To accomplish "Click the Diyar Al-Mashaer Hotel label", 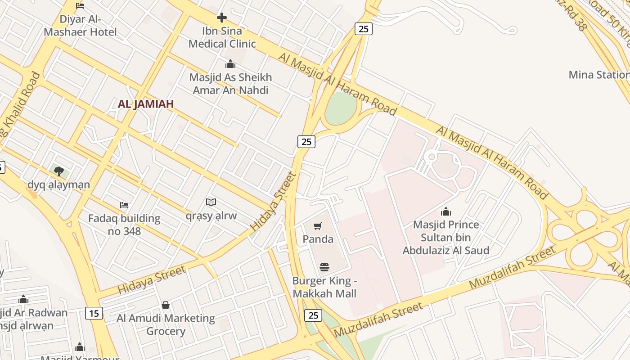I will point(81,26).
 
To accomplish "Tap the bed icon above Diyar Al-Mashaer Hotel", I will point(80,6).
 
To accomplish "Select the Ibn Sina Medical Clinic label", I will point(222,37).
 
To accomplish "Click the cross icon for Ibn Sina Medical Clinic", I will point(222,18).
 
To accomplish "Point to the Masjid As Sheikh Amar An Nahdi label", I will point(230,84).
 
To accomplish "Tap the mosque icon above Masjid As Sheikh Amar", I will point(230,64).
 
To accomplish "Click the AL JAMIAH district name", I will point(146,104).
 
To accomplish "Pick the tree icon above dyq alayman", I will point(58,171).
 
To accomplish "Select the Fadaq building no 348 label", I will point(124,225).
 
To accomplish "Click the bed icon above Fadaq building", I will point(124,205).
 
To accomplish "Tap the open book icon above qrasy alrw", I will point(211,202).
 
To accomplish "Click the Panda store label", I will point(318,239).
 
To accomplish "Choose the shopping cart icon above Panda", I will point(318,226).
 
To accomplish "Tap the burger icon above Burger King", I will point(324,267).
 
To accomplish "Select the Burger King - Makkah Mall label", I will point(324,287).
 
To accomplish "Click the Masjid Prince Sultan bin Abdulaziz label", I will point(446,237).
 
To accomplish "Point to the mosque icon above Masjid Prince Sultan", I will point(446,211).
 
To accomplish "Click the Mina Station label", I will point(598,75).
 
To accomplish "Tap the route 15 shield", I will point(94,313).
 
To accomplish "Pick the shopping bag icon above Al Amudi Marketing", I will point(166,305).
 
